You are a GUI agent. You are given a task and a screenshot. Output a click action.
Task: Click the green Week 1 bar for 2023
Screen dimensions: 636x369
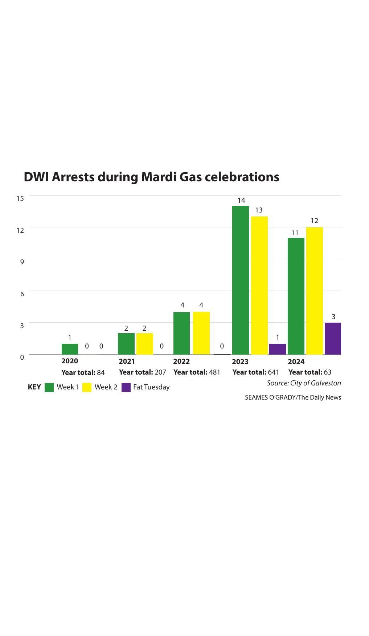tap(240, 280)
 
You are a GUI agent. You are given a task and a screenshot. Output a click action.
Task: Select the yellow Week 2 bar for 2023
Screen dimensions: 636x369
tap(259, 285)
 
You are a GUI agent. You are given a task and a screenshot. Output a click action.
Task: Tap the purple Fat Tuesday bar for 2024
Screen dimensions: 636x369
tap(333, 338)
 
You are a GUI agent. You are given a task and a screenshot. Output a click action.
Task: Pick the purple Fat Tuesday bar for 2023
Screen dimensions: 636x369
tap(277, 349)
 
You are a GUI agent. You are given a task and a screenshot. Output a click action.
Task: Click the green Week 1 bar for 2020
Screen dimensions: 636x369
tap(70, 349)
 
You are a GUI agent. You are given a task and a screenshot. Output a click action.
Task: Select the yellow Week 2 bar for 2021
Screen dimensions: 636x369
tap(144, 344)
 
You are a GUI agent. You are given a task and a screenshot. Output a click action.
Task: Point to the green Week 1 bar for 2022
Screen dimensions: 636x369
tap(181, 333)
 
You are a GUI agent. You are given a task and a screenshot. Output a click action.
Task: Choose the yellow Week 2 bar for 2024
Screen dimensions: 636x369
tap(314, 291)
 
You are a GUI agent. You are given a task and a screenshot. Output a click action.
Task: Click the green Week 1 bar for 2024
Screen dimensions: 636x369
tap(296, 296)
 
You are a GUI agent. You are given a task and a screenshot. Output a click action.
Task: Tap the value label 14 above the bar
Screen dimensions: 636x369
tap(241, 200)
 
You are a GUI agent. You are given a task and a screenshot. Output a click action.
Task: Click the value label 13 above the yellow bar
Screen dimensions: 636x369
tap(259, 210)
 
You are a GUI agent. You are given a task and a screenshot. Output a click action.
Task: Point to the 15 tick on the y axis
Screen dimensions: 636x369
tap(20, 198)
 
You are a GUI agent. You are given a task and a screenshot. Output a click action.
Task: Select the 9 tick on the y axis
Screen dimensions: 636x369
tap(22, 262)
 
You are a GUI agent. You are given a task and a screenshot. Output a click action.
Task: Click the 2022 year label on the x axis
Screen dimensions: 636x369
tap(181, 361)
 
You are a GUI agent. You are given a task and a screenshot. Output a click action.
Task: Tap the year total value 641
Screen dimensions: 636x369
tap(273, 372)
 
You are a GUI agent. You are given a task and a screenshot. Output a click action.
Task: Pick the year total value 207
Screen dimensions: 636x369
tap(160, 372)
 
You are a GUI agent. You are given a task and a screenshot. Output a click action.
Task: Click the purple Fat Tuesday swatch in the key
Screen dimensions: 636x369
tap(126, 387)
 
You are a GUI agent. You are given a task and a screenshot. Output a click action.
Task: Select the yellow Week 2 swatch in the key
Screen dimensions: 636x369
tap(87, 387)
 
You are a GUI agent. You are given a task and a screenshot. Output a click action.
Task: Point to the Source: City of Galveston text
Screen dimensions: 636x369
tap(304, 383)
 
